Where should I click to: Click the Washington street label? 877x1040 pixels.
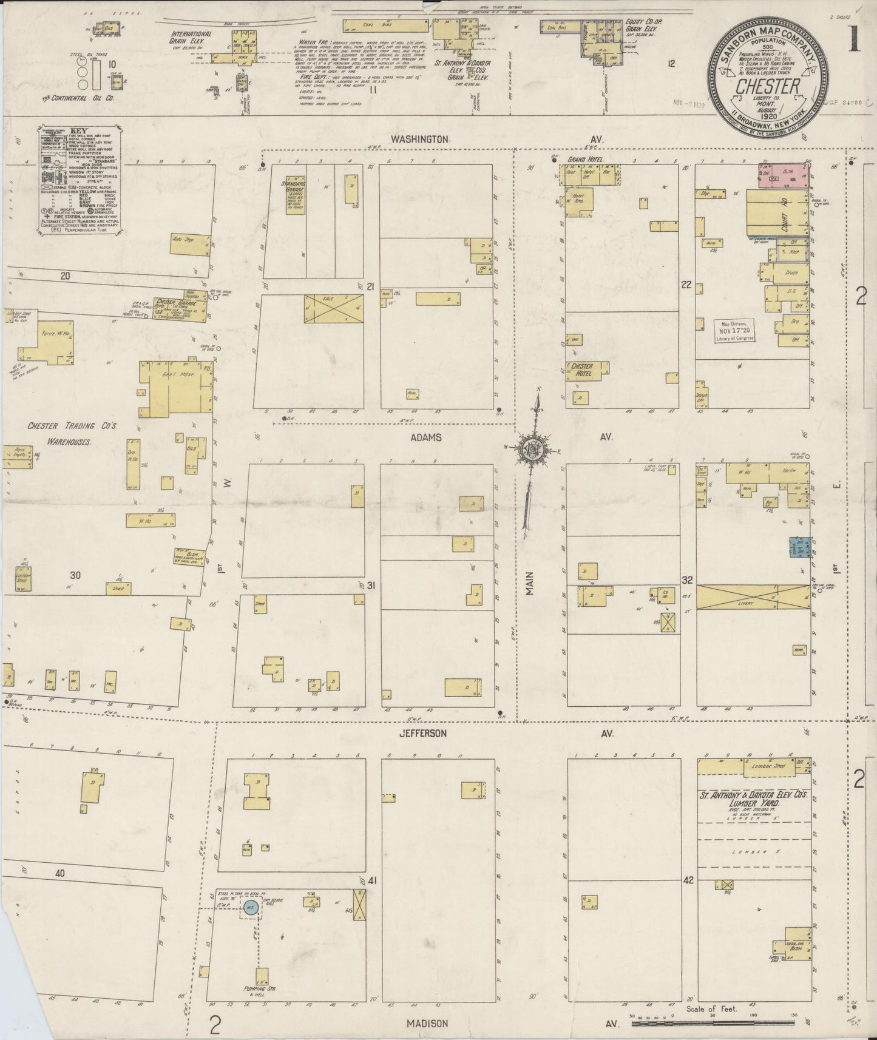click(419, 139)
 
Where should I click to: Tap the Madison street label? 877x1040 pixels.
click(427, 1023)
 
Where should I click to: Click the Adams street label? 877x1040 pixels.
click(425, 437)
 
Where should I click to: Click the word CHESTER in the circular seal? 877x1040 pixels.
click(768, 86)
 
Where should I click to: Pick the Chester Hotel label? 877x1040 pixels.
click(581, 370)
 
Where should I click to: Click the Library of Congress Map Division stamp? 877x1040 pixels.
click(734, 331)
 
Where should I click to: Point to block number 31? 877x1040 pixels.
click(371, 585)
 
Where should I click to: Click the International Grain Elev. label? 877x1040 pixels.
click(191, 38)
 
